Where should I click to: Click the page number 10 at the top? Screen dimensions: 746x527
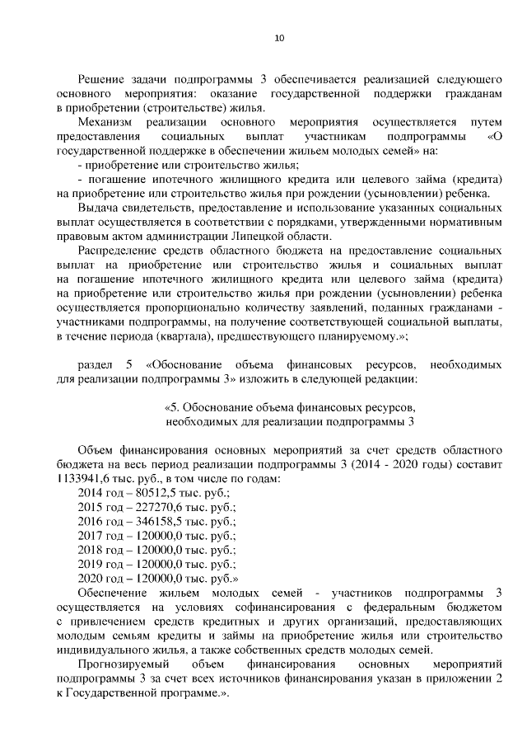click(x=278, y=38)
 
